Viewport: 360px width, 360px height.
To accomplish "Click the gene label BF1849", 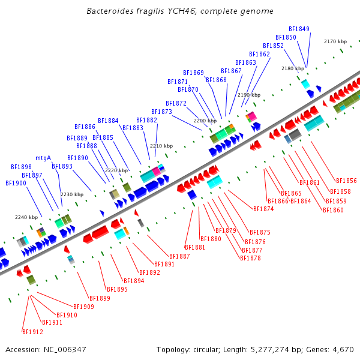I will (x=299, y=29).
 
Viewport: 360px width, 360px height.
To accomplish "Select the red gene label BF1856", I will (x=346, y=181).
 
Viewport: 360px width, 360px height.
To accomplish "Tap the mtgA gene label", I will (x=43, y=158).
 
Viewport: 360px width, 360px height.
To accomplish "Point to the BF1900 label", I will (x=16, y=183).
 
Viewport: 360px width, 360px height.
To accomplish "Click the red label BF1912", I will (x=32, y=332).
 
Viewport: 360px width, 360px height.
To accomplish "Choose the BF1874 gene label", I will (x=263, y=209).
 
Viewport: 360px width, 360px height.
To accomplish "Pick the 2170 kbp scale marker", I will (x=335, y=41).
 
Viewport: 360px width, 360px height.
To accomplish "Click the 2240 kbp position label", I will (x=26, y=217).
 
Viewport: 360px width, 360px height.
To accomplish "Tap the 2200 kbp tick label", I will (x=205, y=121).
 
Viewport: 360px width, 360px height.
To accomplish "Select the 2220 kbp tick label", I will (x=116, y=170).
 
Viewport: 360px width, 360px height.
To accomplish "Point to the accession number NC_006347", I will (x=63, y=349).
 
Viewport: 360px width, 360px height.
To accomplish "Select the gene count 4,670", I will (x=342, y=349).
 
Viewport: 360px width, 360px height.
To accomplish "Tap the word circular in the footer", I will (x=208, y=349).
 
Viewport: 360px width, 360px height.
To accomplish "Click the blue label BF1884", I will (x=108, y=120).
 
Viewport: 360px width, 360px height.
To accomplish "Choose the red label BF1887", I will (x=180, y=256).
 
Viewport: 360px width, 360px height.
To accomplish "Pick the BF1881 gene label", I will (x=195, y=247).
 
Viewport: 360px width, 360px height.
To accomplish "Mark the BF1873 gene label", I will (x=161, y=112).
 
